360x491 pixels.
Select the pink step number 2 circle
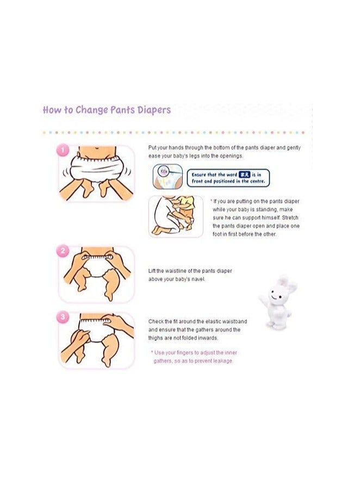(x=63, y=251)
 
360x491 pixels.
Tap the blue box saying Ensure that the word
(x=228, y=178)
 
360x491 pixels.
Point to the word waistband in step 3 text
(x=234, y=322)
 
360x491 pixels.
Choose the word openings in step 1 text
(x=230, y=156)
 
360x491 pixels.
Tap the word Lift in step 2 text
(x=153, y=271)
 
